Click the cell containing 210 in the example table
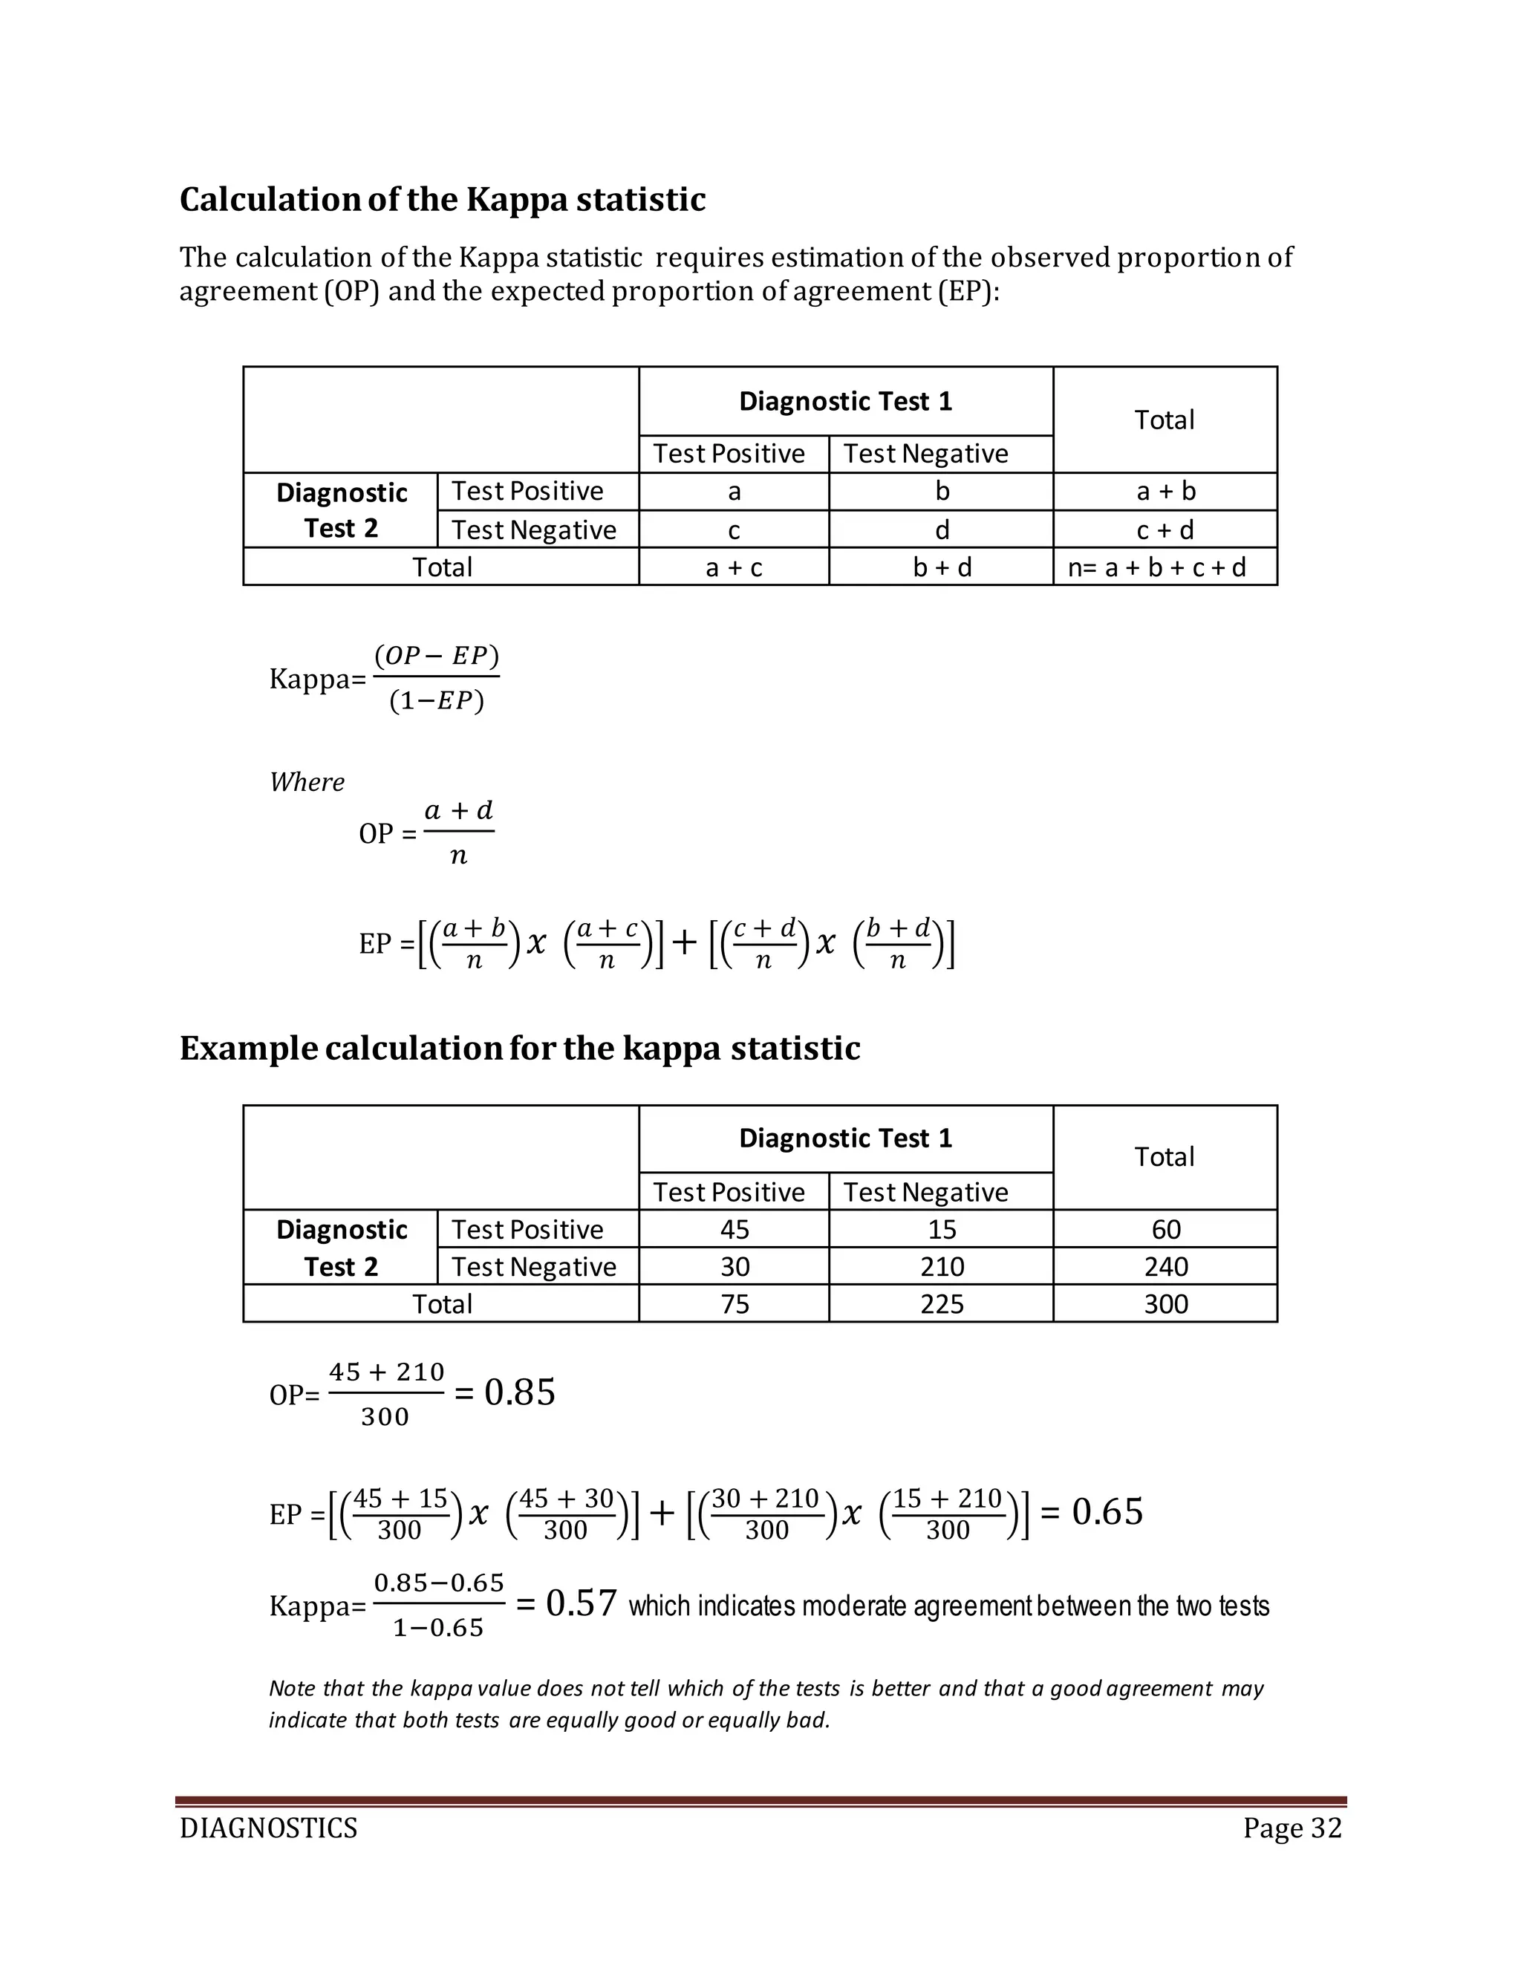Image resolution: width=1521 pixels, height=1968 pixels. (941, 1266)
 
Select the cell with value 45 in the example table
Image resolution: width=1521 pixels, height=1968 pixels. (735, 1229)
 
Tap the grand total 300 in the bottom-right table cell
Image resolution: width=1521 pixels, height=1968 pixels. (1165, 1304)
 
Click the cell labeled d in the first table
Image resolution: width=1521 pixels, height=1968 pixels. (941, 530)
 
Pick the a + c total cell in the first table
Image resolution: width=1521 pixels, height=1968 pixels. (734, 567)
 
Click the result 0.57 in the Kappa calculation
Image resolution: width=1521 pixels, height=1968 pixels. (582, 1604)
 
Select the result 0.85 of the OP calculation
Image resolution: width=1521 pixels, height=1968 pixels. (520, 1392)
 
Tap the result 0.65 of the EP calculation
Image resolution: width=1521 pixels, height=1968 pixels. (1107, 1511)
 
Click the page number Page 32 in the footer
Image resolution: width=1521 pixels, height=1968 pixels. (1292, 1828)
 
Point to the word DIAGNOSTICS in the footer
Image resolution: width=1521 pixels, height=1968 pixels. (269, 1828)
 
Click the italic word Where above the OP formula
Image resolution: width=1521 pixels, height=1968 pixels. (307, 781)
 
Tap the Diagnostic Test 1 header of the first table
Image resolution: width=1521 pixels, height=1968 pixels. (845, 401)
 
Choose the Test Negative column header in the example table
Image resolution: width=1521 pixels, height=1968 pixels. (925, 1192)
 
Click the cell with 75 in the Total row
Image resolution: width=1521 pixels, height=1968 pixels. (735, 1304)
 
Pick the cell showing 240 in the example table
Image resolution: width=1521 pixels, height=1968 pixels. (1165, 1266)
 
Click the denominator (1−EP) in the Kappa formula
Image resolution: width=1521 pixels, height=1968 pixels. (437, 701)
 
